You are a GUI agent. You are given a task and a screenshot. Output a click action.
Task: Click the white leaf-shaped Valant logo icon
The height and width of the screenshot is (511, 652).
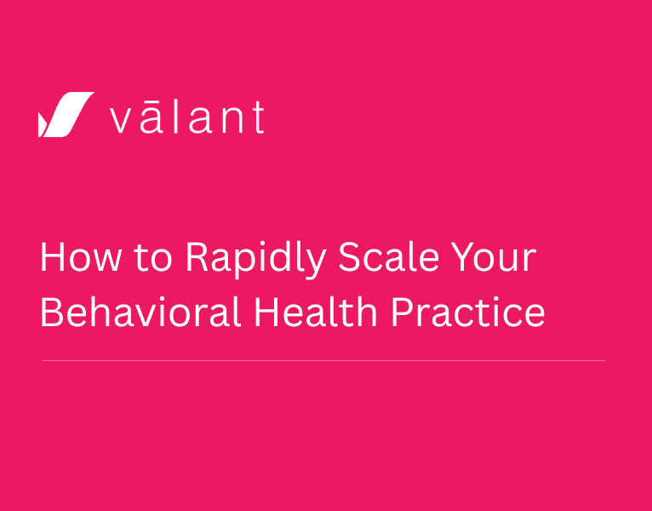[66, 115]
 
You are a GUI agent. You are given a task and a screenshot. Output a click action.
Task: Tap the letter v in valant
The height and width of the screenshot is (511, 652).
[121, 121]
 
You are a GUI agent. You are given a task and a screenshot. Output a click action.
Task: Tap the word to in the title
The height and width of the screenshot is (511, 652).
[152, 258]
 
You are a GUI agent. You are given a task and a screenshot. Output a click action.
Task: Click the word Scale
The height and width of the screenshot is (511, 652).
[382, 258]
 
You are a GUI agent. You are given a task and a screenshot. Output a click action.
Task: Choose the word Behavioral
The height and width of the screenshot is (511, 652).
[140, 313]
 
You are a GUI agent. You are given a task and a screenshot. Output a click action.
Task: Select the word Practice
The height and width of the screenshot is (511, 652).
[467, 313]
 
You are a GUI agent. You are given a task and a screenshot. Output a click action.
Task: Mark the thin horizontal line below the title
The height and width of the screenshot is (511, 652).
[323, 360]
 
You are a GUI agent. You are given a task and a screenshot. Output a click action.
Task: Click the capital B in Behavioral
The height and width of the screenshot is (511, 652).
[50, 313]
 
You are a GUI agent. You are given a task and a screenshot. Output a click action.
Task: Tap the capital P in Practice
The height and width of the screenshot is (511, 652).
[401, 313]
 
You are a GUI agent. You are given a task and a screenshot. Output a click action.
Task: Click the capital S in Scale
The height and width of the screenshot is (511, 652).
[349, 258]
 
